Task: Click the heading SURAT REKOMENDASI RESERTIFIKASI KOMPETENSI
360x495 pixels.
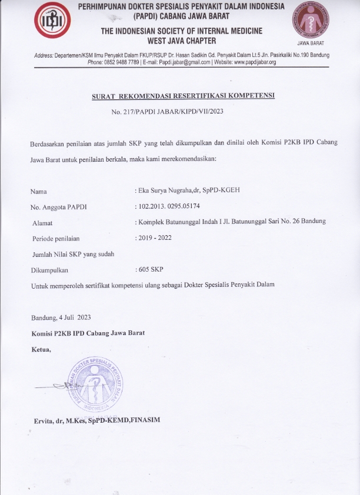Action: click(x=184, y=95)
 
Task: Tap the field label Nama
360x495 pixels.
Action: click(x=38, y=191)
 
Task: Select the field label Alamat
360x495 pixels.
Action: click(x=42, y=222)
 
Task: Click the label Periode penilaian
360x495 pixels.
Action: click(x=55, y=238)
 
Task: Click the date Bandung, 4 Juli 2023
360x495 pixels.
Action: click(x=61, y=317)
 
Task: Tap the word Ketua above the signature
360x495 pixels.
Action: click(x=41, y=349)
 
